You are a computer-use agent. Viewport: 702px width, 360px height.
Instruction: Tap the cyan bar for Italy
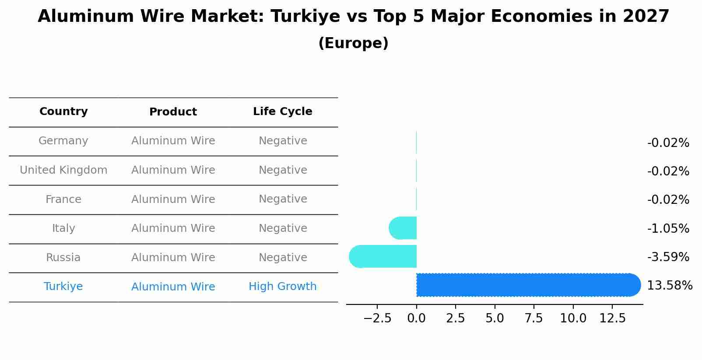(x=403, y=228)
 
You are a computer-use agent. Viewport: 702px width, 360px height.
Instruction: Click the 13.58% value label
(x=669, y=286)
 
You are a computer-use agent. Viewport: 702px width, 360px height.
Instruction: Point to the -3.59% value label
(x=668, y=257)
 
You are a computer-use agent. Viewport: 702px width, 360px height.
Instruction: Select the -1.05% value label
(x=668, y=229)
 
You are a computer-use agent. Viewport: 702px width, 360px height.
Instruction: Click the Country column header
(x=63, y=112)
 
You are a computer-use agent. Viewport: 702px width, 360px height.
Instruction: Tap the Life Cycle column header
(x=282, y=112)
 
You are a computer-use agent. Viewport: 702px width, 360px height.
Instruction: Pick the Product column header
(x=173, y=112)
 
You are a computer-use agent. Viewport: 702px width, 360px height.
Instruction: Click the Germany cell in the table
(x=63, y=141)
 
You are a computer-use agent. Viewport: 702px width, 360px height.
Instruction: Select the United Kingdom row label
(x=63, y=170)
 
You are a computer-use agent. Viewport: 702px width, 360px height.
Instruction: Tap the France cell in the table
(x=63, y=199)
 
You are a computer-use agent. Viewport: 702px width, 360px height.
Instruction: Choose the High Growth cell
(x=282, y=287)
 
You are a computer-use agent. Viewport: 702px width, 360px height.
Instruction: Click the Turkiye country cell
(x=63, y=287)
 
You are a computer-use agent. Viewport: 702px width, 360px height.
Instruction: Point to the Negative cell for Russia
(x=283, y=258)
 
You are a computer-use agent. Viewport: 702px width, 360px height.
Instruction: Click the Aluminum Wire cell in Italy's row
(x=173, y=228)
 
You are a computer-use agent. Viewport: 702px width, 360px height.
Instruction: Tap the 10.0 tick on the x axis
(x=573, y=318)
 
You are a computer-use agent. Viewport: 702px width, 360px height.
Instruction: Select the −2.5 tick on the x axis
(x=377, y=318)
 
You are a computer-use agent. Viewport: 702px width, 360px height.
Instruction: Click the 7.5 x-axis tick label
(x=534, y=318)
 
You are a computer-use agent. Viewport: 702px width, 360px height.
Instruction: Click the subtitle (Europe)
(x=353, y=43)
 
